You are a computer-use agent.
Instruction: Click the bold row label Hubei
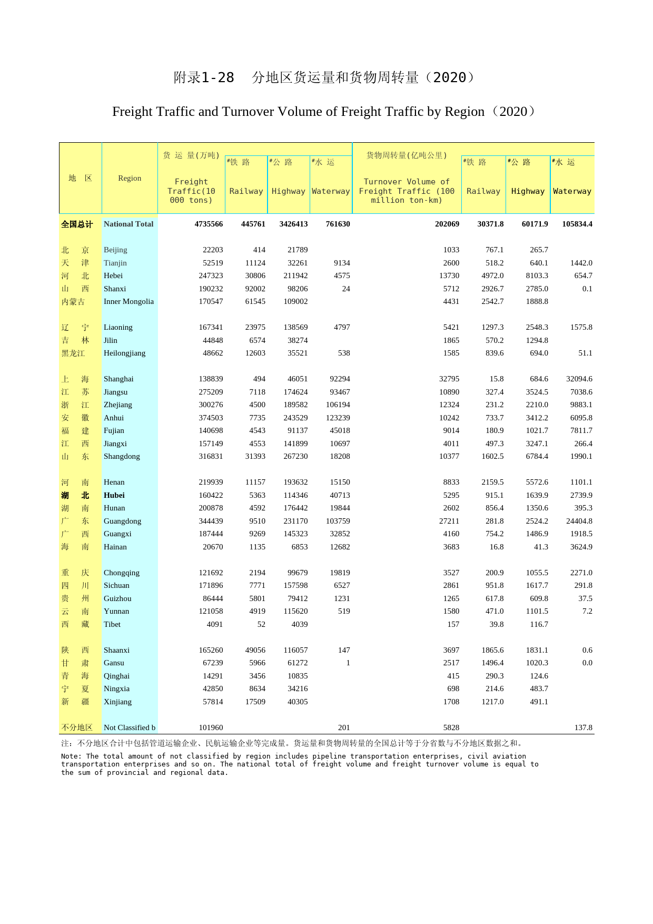[114, 495]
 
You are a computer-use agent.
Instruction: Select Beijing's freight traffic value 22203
[213, 250]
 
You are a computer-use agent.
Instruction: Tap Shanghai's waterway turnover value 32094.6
[579, 379]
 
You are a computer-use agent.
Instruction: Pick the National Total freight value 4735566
[209, 224]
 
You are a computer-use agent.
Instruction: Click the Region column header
[130, 178]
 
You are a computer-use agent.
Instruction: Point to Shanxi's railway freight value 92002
[255, 289]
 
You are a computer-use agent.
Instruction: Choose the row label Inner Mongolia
[128, 301]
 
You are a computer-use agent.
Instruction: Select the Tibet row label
[112, 624]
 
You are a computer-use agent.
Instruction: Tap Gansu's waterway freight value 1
[348, 663]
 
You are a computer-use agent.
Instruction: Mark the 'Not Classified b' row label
[130, 728]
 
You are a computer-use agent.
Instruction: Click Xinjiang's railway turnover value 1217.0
[492, 702]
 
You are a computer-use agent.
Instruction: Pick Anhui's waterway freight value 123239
[338, 418]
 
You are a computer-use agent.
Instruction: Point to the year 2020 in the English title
[513, 112]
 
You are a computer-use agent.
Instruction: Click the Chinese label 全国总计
[77, 224]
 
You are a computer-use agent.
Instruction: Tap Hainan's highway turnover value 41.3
[541, 547]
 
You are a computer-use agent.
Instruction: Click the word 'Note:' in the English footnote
[71, 756]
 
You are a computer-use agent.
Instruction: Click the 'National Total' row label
[128, 224]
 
